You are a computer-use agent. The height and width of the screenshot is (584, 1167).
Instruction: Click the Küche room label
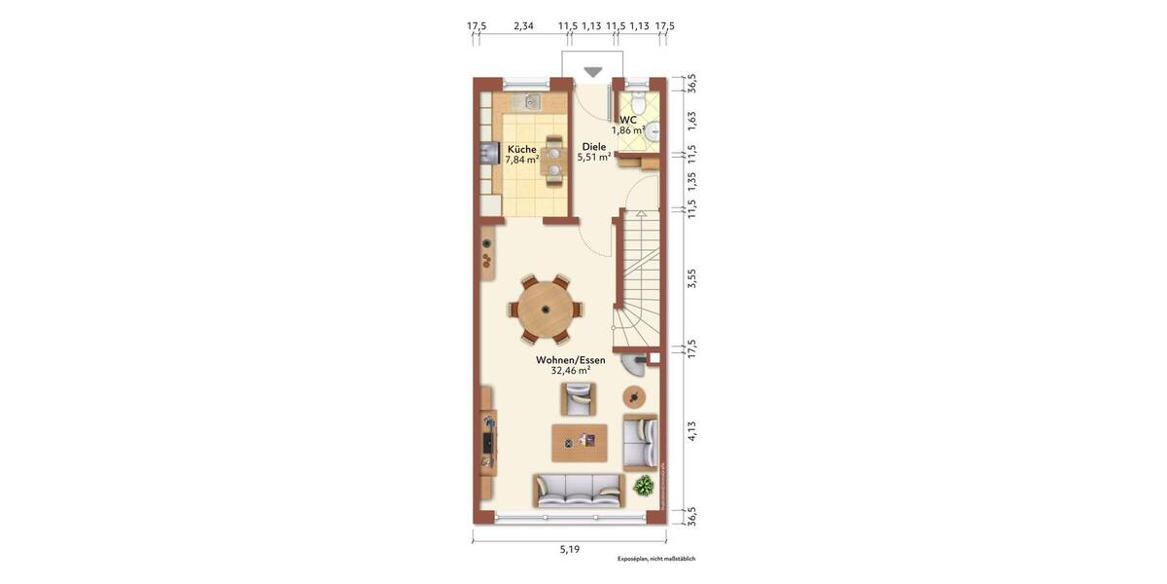click(x=521, y=149)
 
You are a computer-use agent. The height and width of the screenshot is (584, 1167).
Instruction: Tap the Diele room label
click(x=593, y=146)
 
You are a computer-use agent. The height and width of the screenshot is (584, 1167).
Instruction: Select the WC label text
click(x=628, y=120)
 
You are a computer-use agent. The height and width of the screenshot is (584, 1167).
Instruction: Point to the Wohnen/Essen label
click(x=571, y=359)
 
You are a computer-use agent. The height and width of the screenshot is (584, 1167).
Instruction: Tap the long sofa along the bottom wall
click(x=578, y=491)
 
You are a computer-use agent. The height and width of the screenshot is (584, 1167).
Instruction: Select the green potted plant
click(x=643, y=486)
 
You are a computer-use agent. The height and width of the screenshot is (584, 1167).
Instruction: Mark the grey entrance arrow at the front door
click(x=592, y=71)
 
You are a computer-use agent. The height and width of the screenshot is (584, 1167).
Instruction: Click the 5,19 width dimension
click(x=569, y=550)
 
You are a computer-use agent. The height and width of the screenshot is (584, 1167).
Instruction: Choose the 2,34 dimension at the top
click(x=523, y=25)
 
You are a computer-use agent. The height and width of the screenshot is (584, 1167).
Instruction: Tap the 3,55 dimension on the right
click(x=692, y=278)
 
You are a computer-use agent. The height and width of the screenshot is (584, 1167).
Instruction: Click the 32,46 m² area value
click(x=571, y=371)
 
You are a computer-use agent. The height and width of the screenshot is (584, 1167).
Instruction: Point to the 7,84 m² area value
click(x=521, y=160)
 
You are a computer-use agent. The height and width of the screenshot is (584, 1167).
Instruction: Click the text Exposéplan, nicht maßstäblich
click(x=655, y=559)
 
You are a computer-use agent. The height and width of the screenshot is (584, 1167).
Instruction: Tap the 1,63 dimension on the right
click(x=692, y=120)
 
